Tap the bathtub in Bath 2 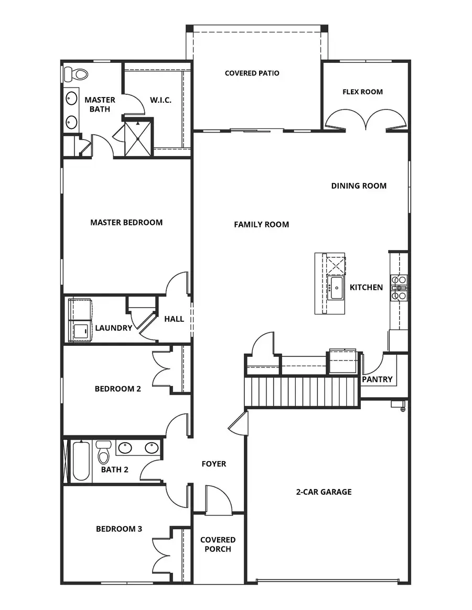80,461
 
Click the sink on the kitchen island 335,288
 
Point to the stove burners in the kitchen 399,287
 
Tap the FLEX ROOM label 362,92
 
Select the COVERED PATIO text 252,73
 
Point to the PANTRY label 377,379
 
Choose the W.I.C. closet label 160,100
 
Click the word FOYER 214,464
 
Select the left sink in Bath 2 125,448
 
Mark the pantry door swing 372,363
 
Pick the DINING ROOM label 359,186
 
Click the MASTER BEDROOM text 126,222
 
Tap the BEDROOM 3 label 119,529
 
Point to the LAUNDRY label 113,328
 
